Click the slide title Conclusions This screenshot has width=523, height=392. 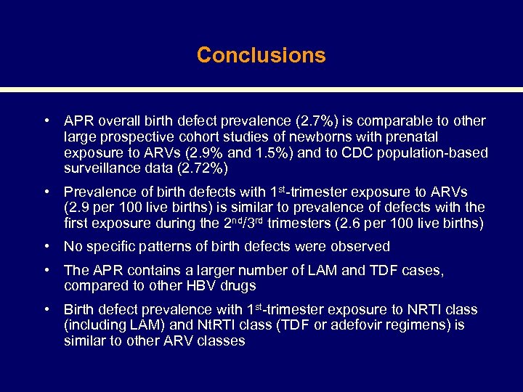point(261,55)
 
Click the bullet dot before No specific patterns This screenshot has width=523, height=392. point(46,246)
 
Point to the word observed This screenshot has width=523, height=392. point(363,247)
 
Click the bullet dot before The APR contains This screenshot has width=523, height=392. point(46,270)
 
